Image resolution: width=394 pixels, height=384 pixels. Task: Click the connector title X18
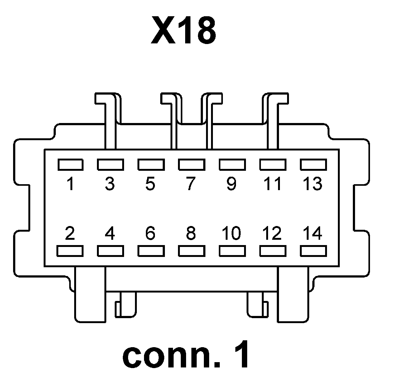[x=183, y=31]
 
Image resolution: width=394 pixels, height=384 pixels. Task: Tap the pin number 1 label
[x=70, y=184]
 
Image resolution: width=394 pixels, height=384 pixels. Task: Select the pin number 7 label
[x=190, y=184]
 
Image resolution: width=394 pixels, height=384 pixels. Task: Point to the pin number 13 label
[x=313, y=184]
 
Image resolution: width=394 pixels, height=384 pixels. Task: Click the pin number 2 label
[x=70, y=233]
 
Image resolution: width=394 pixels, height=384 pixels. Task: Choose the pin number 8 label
[x=191, y=233]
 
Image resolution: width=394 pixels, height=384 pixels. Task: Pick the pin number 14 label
[x=313, y=233]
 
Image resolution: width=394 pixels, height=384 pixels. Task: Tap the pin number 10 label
[x=232, y=233]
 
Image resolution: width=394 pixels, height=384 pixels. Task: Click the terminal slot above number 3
[x=110, y=165]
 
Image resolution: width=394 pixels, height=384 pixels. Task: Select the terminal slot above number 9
[x=232, y=165]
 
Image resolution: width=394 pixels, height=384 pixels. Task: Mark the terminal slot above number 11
[x=273, y=165]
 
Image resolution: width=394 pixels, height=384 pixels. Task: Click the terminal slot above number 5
[x=151, y=165]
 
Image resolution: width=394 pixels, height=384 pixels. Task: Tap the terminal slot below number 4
[x=110, y=251]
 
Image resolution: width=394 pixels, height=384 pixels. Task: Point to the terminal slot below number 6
[x=151, y=251]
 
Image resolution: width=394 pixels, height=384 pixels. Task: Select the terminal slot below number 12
[x=273, y=251]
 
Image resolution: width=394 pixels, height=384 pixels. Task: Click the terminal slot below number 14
[x=313, y=251]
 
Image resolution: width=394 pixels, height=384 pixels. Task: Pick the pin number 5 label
[x=150, y=184]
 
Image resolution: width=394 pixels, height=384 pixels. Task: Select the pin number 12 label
[x=272, y=233]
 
